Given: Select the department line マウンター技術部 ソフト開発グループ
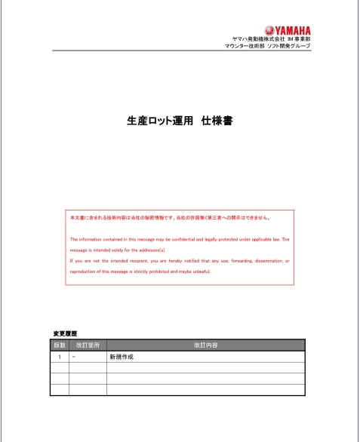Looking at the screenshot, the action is point(267,46).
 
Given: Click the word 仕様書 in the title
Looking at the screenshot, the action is point(217,121).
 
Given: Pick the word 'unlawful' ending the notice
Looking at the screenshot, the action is point(199,271).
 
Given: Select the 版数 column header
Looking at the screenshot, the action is point(60,345).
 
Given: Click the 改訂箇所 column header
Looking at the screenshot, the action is point(88,345).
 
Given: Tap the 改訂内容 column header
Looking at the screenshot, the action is point(205,345).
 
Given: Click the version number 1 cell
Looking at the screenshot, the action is point(60,356).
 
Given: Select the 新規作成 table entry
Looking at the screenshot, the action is point(122,356).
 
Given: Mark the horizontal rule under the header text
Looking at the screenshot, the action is point(181,52).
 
